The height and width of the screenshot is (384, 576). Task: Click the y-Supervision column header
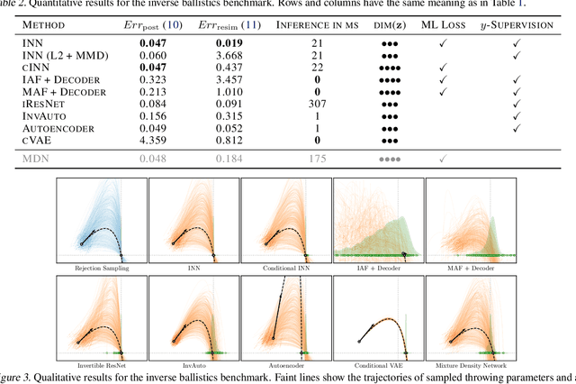pos(522,23)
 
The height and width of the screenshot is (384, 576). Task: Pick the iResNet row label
pos(45,104)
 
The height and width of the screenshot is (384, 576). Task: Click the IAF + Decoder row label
pos(59,79)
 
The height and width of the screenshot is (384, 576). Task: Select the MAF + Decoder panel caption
pos(469,269)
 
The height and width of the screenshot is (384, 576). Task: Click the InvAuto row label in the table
pos(45,116)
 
